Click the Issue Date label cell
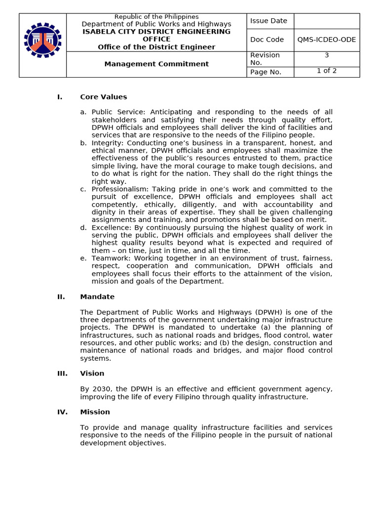268,21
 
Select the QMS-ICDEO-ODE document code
326,40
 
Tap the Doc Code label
267,40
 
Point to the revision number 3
327,55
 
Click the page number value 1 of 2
327,71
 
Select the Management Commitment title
156,64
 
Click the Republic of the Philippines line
156,17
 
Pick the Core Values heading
104,97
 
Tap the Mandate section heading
97,297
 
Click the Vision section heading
92,374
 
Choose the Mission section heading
95,412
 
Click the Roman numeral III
62,374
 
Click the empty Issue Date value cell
327,21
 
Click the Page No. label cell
265,72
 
